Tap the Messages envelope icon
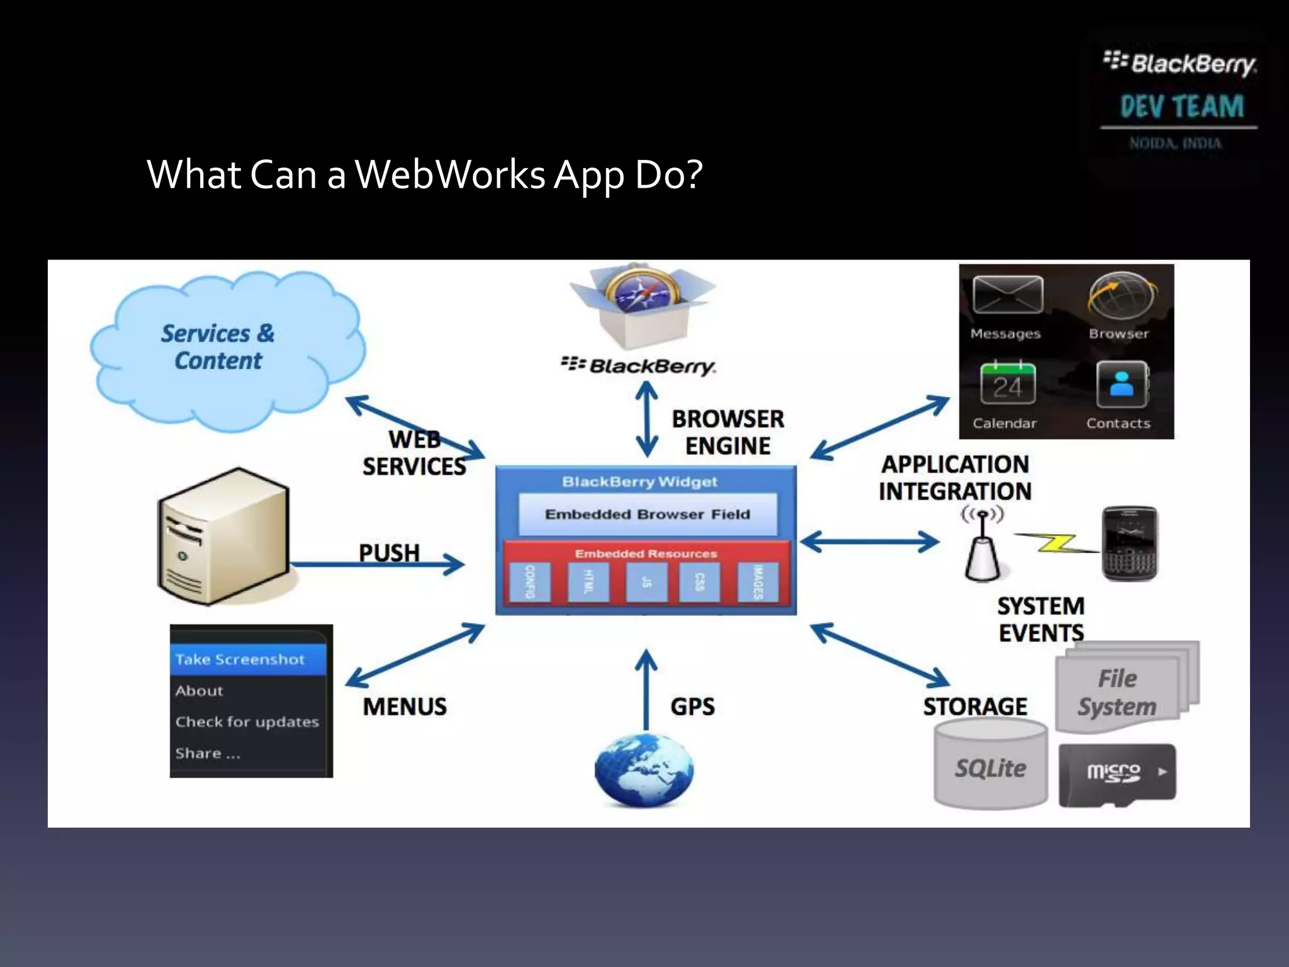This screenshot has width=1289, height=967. [x=1007, y=295]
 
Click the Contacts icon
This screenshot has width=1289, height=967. [x=1121, y=384]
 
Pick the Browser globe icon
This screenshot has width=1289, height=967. [x=1121, y=296]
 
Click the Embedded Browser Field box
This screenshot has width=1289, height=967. [x=647, y=514]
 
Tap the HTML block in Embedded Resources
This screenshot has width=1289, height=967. [x=588, y=582]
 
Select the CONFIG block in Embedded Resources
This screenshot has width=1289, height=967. [x=530, y=582]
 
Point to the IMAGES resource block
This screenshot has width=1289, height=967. [x=758, y=582]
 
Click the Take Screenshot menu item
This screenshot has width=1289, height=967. [x=247, y=659]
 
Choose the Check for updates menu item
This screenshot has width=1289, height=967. [x=247, y=721]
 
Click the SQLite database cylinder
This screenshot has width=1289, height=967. [x=990, y=765]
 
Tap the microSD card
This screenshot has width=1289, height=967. [x=1117, y=774]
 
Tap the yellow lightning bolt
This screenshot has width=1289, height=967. [x=1057, y=543]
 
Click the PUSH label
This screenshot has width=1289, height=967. [x=389, y=553]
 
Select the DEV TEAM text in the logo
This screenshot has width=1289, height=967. [x=1181, y=106]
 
